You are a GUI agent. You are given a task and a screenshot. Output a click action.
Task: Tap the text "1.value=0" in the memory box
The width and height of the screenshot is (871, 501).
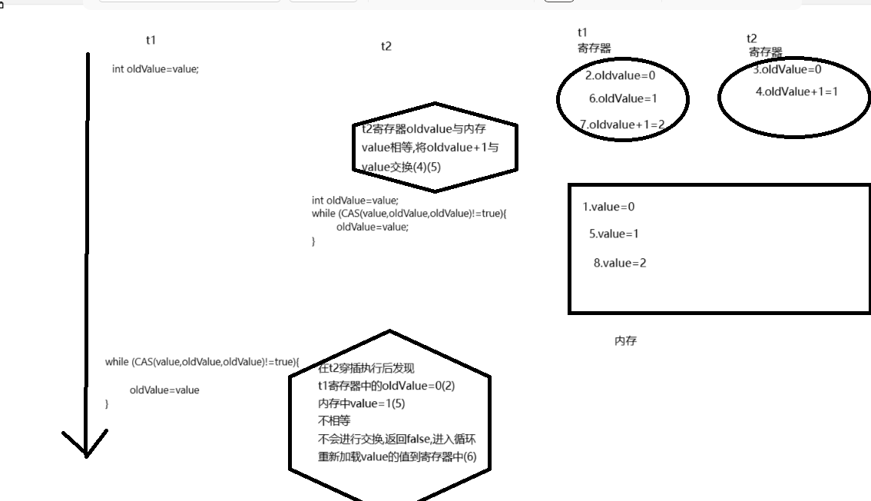[x=609, y=207]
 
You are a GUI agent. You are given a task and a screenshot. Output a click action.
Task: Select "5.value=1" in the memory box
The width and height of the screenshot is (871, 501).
[x=614, y=234]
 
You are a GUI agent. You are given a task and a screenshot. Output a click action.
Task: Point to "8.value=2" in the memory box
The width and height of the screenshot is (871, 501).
[x=620, y=263]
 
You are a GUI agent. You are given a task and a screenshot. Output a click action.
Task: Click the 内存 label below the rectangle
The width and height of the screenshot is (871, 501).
[x=625, y=341]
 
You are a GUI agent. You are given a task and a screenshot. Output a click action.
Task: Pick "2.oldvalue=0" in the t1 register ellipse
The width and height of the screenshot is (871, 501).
[x=621, y=75]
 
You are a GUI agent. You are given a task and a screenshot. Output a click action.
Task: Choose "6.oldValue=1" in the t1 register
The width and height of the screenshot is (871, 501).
[x=623, y=98]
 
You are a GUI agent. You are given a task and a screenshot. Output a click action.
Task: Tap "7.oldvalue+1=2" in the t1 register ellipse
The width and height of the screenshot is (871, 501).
[x=622, y=124]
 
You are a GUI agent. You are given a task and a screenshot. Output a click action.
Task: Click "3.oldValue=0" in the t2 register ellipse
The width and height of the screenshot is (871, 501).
[x=787, y=69]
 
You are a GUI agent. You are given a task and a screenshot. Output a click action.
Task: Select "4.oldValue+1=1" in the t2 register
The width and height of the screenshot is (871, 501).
[x=796, y=91]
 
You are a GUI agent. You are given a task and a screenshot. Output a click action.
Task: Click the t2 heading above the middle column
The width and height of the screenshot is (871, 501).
[x=386, y=46]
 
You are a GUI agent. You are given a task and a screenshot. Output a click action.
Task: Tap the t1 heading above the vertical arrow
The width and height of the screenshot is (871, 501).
[x=151, y=39]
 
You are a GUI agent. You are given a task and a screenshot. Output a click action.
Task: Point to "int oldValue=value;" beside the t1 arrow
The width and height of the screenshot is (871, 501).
[x=155, y=69]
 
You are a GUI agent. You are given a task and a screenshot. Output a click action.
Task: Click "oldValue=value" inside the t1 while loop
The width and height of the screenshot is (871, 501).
[x=164, y=390]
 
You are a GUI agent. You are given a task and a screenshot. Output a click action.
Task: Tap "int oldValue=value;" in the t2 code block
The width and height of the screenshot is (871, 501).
[x=355, y=201]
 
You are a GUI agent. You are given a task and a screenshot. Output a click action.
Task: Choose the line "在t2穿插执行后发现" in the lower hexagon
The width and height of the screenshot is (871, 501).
[x=366, y=369]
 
